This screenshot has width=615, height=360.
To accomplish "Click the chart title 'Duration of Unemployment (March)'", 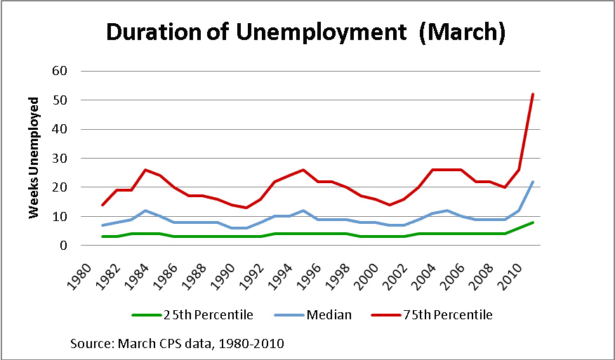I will tap(305, 32).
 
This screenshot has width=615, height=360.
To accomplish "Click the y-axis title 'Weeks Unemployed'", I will tap(33, 158).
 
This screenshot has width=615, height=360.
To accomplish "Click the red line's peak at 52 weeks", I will tap(534, 94).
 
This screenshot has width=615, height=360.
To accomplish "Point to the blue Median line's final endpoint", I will tap(534, 182).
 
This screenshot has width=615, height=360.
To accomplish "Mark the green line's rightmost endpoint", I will tap(534, 222).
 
